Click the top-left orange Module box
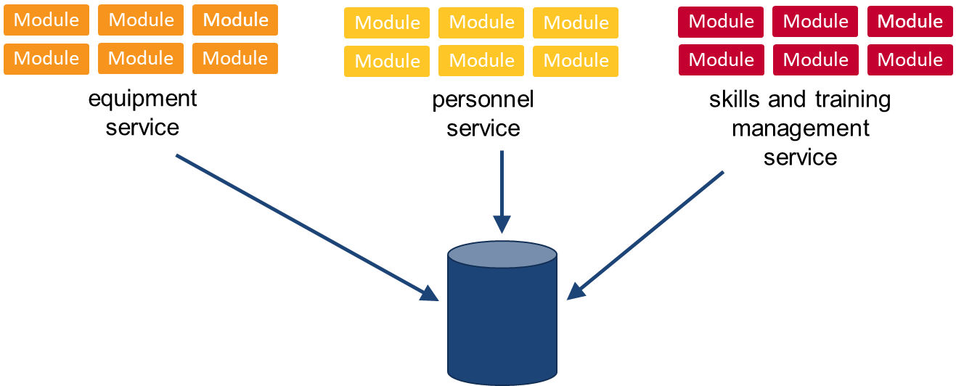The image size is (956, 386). coord(46,20)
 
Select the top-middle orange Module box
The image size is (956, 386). coord(141,20)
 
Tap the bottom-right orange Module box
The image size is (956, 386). coord(235,58)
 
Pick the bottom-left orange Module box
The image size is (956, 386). coord(46,58)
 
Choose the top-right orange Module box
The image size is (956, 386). coord(235,20)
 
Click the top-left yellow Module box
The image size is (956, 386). coord(387,22)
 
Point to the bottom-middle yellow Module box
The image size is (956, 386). coord(481,61)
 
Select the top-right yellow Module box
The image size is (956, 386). coord(576,22)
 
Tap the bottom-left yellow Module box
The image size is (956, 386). coord(387,61)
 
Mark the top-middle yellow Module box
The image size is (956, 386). coord(481,22)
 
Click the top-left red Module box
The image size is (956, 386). coord(721,22)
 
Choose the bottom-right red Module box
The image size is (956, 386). coord(910,59)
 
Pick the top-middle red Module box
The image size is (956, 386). coord(815,22)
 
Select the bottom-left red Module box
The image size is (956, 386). coord(721,59)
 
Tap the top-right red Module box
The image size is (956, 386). coord(910,22)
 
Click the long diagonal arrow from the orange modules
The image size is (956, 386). coord(305,226)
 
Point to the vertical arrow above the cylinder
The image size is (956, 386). coord(502,189)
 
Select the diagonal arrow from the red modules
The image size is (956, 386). coord(646,234)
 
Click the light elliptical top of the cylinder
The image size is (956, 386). coord(502,255)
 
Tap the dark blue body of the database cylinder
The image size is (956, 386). coord(502,319)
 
